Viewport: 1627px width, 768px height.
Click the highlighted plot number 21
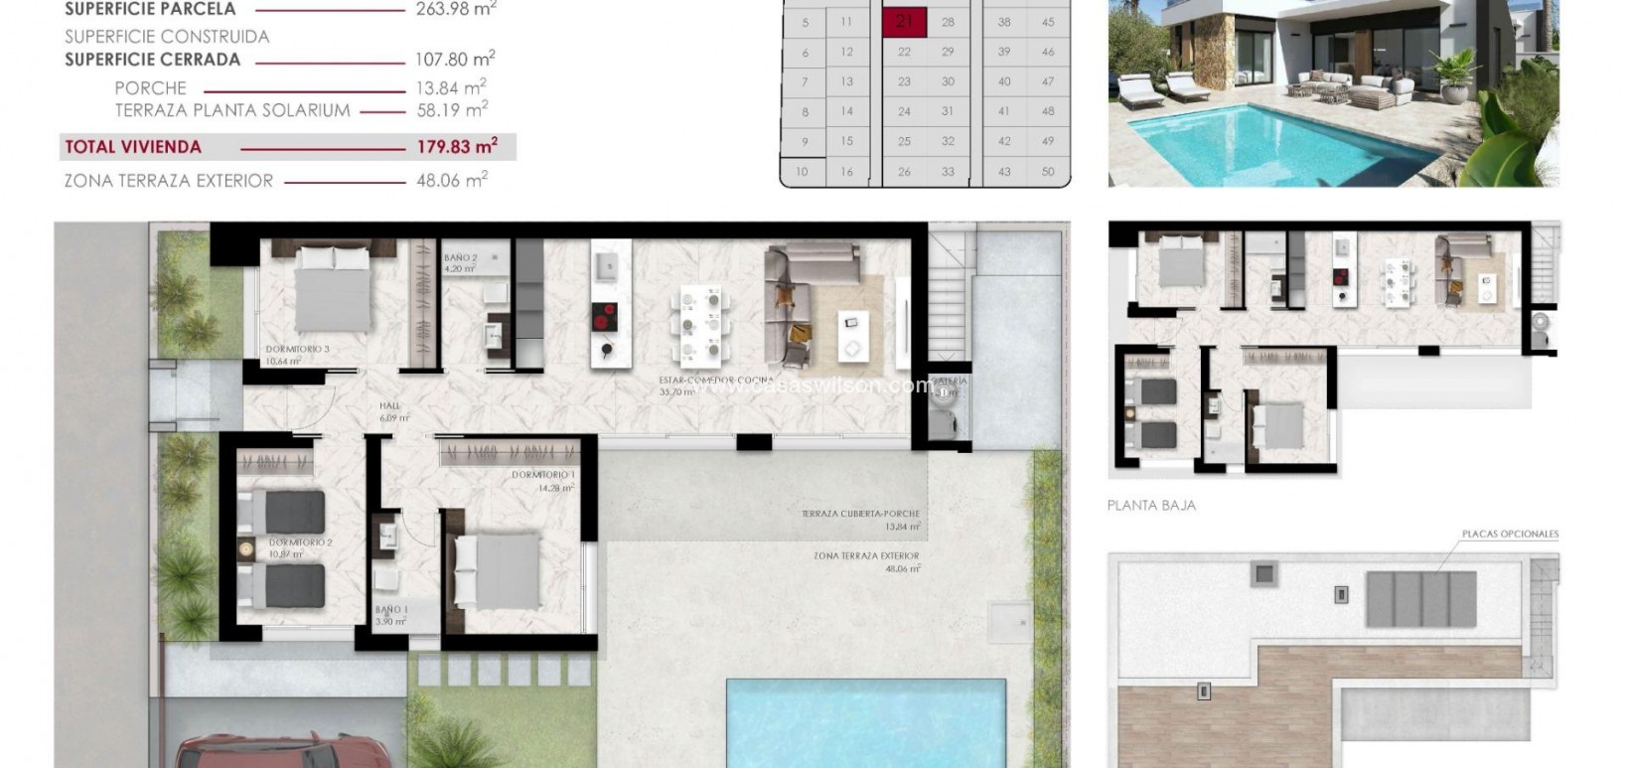(x=904, y=23)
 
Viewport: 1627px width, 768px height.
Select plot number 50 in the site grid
(x=1048, y=172)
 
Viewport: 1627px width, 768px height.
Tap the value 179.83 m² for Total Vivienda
(x=456, y=147)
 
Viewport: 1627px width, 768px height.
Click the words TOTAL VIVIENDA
(x=133, y=147)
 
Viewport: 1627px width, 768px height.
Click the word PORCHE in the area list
(x=150, y=88)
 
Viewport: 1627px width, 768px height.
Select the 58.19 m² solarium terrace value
(x=452, y=110)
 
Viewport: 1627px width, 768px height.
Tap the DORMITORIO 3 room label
(x=297, y=350)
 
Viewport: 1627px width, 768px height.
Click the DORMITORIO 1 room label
(x=543, y=475)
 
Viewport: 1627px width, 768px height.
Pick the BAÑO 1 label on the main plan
(x=390, y=610)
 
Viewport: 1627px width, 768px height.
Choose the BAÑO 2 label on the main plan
(x=461, y=258)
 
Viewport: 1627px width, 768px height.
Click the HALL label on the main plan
(x=389, y=406)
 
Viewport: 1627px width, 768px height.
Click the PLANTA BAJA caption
(x=1151, y=506)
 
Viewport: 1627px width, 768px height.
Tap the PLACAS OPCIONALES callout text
(x=1509, y=535)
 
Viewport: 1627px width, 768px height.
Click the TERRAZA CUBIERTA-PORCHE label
(x=860, y=515)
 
